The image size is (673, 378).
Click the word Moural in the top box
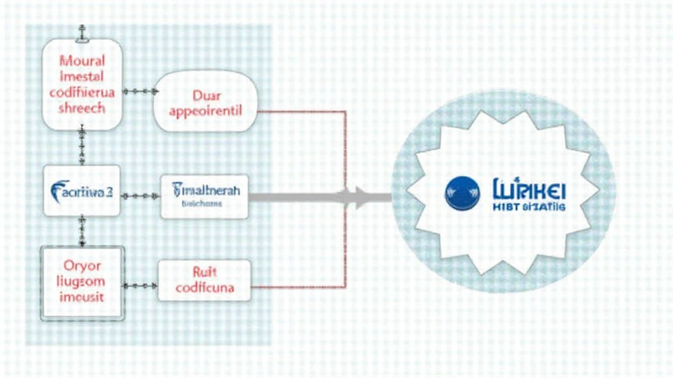[81, 61]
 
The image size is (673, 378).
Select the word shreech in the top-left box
[81, 108]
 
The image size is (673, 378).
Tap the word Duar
[206, 95]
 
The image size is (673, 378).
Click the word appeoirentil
[206, 110]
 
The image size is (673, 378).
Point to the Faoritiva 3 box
[81, 191]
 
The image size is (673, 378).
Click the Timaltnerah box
[205, 196]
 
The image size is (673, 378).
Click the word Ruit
[204, 272]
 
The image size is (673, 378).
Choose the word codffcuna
[204, 287]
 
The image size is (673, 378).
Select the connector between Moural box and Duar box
[137, 91]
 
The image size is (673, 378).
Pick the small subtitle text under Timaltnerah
[202, 204]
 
